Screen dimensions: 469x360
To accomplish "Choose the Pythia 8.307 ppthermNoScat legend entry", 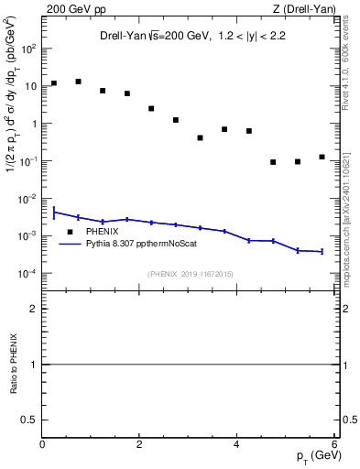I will pos(140,244).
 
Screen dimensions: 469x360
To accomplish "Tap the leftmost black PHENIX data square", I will pos(54,83).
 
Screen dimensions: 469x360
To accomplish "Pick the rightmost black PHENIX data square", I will pos(322,157).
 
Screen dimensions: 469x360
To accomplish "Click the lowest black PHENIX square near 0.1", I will pos(273,162).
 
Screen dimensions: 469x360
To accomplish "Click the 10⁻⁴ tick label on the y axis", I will pos(27,274).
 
